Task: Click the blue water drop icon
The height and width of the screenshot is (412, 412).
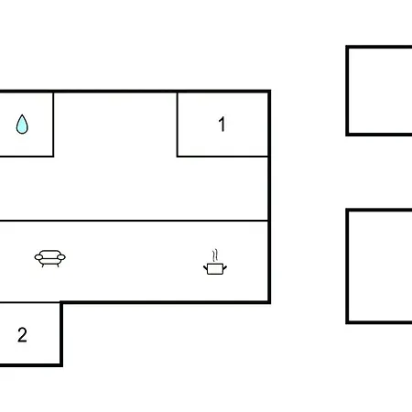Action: point(22,125)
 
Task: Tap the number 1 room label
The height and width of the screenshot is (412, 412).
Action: point(222,125)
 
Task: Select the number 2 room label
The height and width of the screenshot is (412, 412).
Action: point(22,335)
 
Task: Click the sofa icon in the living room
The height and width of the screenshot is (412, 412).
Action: point(50,258)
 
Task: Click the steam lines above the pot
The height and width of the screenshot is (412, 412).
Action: point(215,255)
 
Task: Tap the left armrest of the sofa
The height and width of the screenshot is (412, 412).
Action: point(38,257)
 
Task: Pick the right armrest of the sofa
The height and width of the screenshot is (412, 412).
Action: point(61,257)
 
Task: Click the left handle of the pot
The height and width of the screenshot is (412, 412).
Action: point(205,268)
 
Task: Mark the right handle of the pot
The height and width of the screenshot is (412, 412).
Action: point(225,268)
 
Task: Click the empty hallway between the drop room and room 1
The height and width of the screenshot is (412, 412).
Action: point(115,125)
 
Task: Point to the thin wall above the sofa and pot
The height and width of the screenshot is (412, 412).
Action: point(134,221)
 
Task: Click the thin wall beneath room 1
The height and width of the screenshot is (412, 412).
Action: point(222,157)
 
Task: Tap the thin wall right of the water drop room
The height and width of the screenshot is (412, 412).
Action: point(53,125)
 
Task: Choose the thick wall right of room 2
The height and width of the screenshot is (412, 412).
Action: point(61,334)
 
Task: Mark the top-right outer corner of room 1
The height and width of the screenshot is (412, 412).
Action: point(270,90)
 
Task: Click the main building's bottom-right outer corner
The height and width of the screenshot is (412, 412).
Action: point(270,303)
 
